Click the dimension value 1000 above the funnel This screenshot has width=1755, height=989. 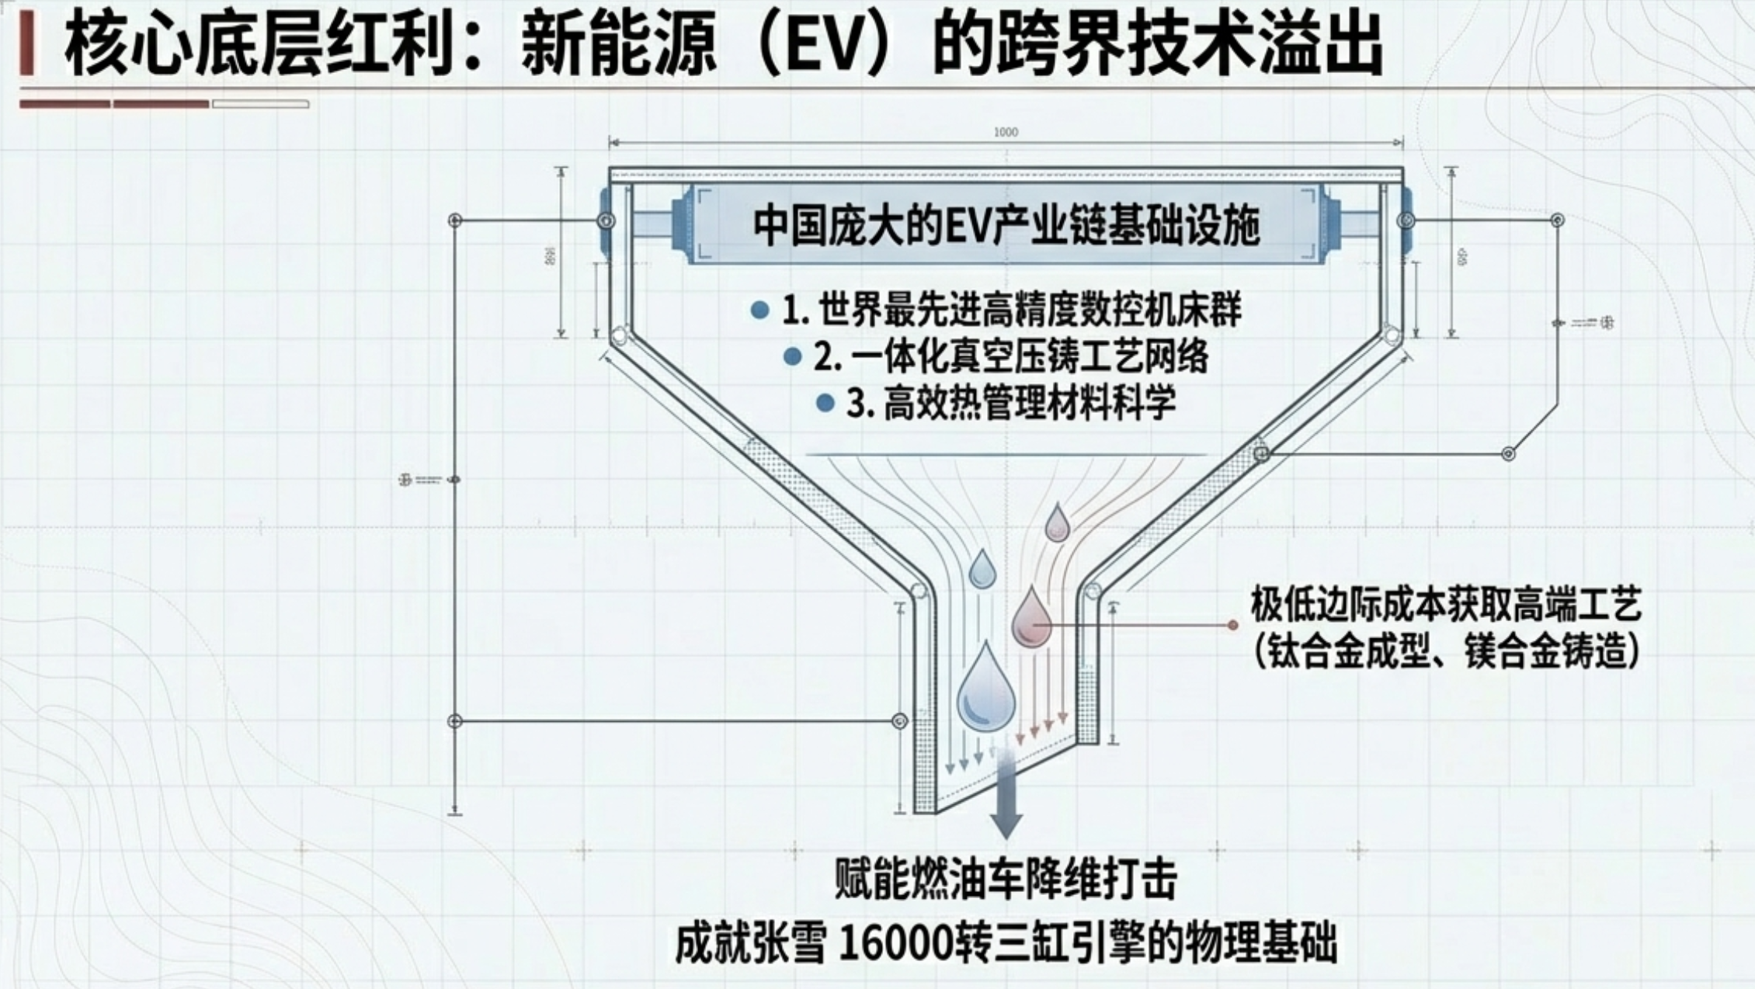[x=1006, y=132]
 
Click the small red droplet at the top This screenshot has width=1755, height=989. [x=1057, y=524]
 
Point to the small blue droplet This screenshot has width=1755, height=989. [x=982, y=571]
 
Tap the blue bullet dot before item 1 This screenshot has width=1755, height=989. [x=759, y=311]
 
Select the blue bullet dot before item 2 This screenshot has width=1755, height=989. [x=792, y=357]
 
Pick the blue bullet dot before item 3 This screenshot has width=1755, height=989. [x=825, y=403]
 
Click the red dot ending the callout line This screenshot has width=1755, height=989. [x=1232, y=625]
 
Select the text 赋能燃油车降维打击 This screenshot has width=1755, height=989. [x=1006, y=879]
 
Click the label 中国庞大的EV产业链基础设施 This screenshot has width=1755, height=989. [x=1006, y=225]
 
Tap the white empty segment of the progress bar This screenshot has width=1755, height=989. [x=261, y=104]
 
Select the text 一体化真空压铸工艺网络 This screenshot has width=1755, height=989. [x=1030, y=357]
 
